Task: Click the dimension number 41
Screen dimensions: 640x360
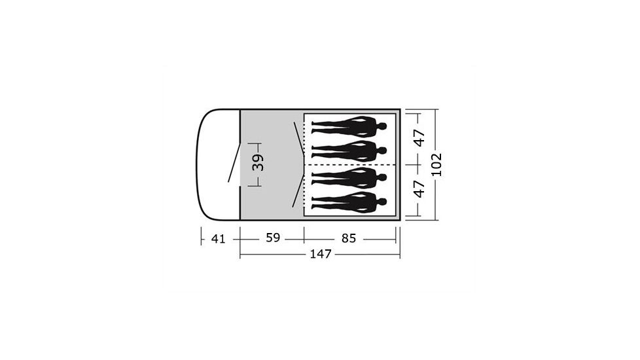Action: [219, 239]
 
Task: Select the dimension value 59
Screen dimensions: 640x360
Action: [273, 238]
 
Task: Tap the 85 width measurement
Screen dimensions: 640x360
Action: [349, 238]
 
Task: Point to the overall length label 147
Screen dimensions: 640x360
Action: [321, 254]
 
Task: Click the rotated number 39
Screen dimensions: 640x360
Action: [258, 162]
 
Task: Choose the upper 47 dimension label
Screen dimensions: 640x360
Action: [419, 138]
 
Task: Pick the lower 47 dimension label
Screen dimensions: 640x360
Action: [419, 189]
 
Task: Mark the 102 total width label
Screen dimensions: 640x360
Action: [436, 164]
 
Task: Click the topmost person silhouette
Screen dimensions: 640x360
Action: [349, 126]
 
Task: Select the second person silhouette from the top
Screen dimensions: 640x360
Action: [349, 151]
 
